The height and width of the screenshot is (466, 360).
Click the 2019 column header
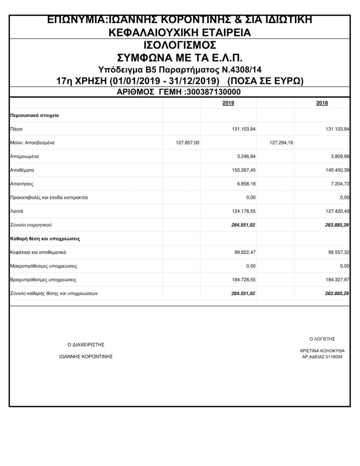tap(228, 103)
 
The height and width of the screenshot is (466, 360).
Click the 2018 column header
tap(322, 103)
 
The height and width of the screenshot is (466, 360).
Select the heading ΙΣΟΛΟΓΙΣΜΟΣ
tap(179, 46)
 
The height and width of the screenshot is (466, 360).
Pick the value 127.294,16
tap(281, 143)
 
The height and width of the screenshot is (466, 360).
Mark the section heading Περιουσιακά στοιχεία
tap(34, 116)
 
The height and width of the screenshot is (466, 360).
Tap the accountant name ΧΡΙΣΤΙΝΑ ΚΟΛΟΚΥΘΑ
tap(322, 351)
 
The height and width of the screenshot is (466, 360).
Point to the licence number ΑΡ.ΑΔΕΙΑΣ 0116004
tap(322, 357)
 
